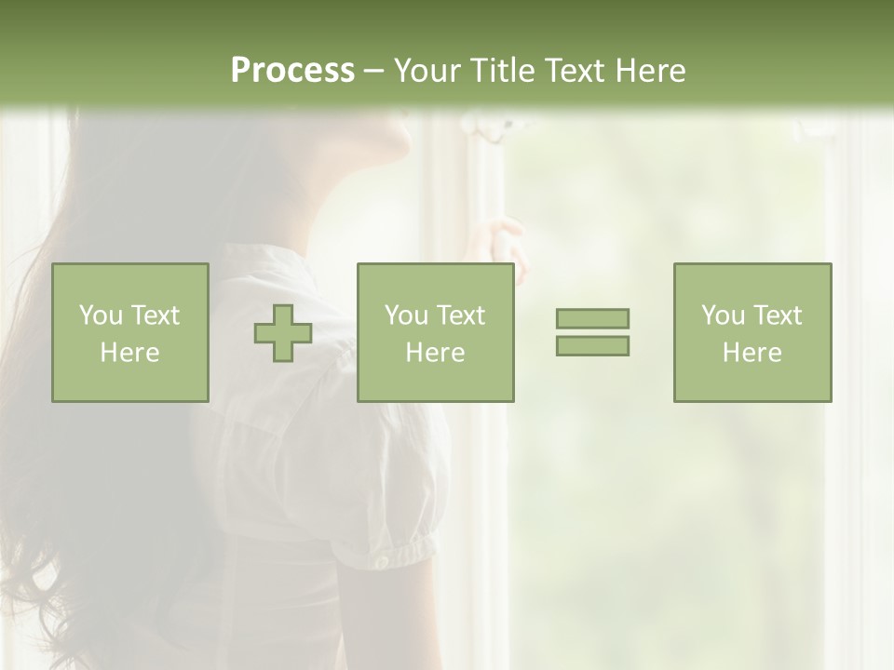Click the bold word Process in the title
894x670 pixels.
pos(292,71)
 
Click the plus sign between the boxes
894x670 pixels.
pos(283,333)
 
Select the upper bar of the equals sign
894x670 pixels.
pos(592,318)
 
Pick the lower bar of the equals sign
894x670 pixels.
pos(592,345)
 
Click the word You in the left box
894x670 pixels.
pos(101,315)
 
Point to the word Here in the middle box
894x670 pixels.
pos(435,353)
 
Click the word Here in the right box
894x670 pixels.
pos(752,353)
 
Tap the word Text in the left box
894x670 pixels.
pos(155,315)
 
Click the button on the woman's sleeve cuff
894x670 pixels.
pos(380,561)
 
